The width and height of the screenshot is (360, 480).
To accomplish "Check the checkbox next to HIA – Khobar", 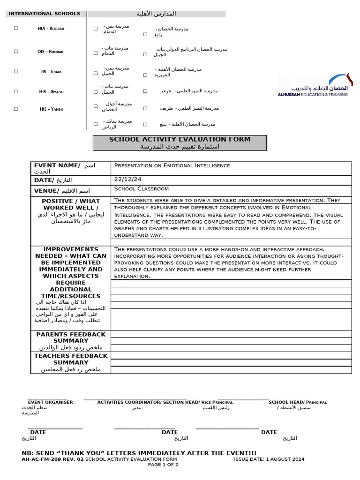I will point(16,28).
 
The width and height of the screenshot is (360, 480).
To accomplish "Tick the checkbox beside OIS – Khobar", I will point(16,52).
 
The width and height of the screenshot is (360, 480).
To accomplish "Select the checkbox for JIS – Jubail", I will point(16,71).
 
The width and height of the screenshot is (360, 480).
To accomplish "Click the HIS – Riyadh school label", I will point(52,92).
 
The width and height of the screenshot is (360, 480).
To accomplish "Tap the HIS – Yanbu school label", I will point(52,109).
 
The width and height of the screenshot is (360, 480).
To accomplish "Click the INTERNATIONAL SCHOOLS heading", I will point(45,14).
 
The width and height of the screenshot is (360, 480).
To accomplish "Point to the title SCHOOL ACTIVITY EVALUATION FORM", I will point(180,139).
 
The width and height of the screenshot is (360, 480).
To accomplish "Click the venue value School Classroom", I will point(142,189).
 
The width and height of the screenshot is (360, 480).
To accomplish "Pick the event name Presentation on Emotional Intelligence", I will point(172,165).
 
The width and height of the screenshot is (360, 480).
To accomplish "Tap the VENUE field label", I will point(46,191).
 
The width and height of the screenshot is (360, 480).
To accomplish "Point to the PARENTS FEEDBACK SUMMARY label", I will point(71,337).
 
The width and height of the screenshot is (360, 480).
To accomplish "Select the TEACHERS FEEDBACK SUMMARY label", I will point(71,359).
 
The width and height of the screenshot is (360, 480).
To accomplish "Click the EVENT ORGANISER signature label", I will point(50,402).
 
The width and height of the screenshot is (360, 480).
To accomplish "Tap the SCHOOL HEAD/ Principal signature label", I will point(298,402).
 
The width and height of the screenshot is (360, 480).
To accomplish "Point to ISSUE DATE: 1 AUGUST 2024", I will point(269,459).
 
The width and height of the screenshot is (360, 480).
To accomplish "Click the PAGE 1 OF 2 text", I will point(163,465).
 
